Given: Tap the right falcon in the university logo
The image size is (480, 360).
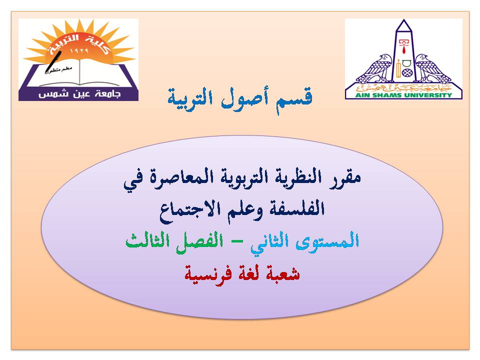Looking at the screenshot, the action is click(x=432, y=68).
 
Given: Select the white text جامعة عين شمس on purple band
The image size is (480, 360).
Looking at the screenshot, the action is click(x=79, y=94).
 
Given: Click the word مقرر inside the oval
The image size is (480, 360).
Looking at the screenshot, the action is click(x=345, y=177).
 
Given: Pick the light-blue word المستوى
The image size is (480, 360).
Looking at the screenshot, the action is click(x=327, y=241).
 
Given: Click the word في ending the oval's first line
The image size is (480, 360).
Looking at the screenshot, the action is click(x=134, y=180).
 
